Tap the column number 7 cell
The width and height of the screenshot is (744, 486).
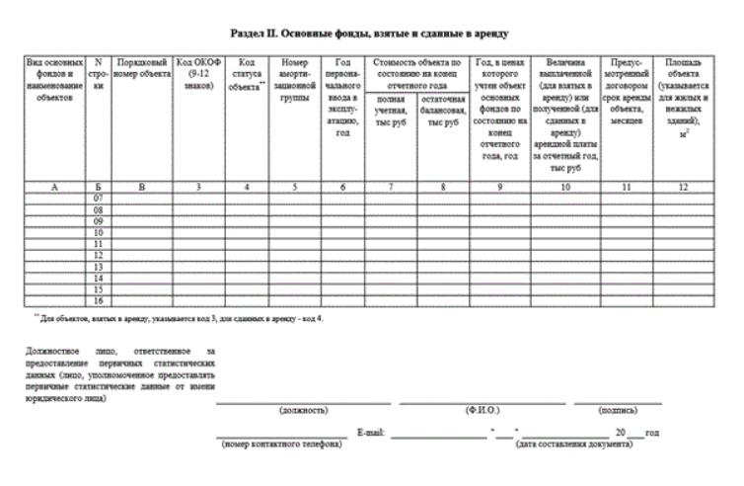(386, 186)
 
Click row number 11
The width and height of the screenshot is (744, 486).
(98, 244)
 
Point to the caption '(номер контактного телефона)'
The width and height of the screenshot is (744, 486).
(280, 445)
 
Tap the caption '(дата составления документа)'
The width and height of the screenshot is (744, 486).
(573, 445)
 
